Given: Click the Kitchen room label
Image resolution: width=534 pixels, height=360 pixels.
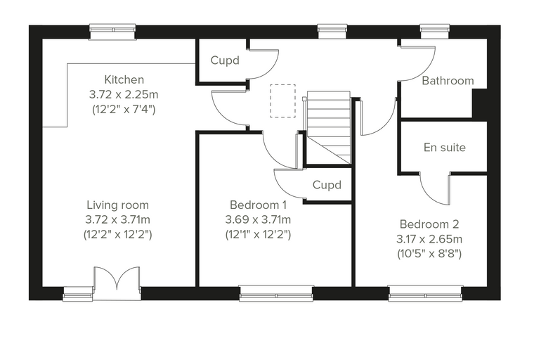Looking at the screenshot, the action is (x=124, y=79).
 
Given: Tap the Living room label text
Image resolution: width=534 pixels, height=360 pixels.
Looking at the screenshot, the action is (x=117, y=205).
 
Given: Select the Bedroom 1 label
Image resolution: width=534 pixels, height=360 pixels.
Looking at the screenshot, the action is (x=258, y=205).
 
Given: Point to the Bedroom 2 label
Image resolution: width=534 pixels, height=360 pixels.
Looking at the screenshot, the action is (x=429, y=224).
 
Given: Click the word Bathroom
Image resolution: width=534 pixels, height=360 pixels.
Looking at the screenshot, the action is (x=448, y=81).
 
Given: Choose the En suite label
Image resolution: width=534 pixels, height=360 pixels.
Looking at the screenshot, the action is (x=445, y=147).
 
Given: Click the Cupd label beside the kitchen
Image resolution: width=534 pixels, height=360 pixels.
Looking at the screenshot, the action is (x=225, y=60).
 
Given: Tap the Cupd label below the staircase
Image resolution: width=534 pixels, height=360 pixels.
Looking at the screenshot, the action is (x=327, y=185).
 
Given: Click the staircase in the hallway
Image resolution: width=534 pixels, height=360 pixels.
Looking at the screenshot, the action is (x=329, y=128).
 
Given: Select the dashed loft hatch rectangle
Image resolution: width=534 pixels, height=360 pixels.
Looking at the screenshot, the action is (x=283, y=101).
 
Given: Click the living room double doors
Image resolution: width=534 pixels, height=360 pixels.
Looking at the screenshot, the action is (x=117, y=283).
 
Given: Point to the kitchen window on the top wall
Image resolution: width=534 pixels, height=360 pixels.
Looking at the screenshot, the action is (x=112, y=32).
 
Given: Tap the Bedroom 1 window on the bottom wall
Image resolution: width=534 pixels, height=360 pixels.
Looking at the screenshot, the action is (x=276, y=293).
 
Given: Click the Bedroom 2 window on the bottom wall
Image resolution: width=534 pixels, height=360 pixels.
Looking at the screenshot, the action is (x=425, y=293).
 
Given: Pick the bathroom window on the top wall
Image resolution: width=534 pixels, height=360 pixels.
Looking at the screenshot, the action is (x=435, y=32).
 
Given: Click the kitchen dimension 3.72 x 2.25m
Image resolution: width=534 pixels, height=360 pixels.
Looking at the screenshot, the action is (x=124, y=94).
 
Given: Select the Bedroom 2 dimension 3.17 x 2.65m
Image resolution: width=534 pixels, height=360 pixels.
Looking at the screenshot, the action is (x=429, y=239).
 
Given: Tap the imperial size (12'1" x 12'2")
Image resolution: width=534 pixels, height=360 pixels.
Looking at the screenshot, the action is (x=258, y=235).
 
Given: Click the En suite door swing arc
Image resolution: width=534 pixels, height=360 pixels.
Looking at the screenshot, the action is (x=435, y=193).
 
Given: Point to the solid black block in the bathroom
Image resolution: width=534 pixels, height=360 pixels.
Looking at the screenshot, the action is (x=480, y=103).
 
